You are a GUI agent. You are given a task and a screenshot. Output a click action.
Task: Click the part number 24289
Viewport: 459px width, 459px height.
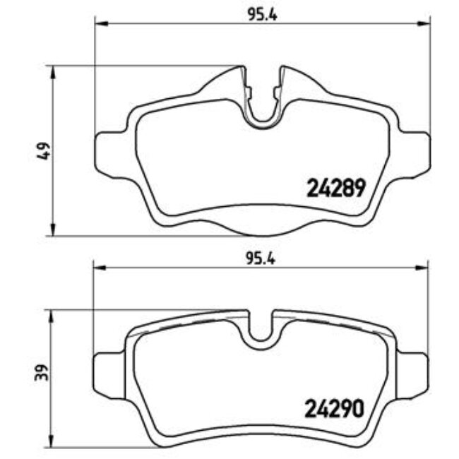(x=335, y=187)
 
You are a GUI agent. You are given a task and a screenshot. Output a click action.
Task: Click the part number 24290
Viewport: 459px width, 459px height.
(x=335, y=407)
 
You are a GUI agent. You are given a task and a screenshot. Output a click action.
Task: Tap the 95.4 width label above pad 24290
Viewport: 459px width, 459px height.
(x=261, y=258)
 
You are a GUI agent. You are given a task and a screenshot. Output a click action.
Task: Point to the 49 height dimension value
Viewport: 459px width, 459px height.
(x=42, y=150)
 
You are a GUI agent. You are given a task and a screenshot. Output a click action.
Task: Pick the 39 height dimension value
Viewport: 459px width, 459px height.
(x=42, y=372)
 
